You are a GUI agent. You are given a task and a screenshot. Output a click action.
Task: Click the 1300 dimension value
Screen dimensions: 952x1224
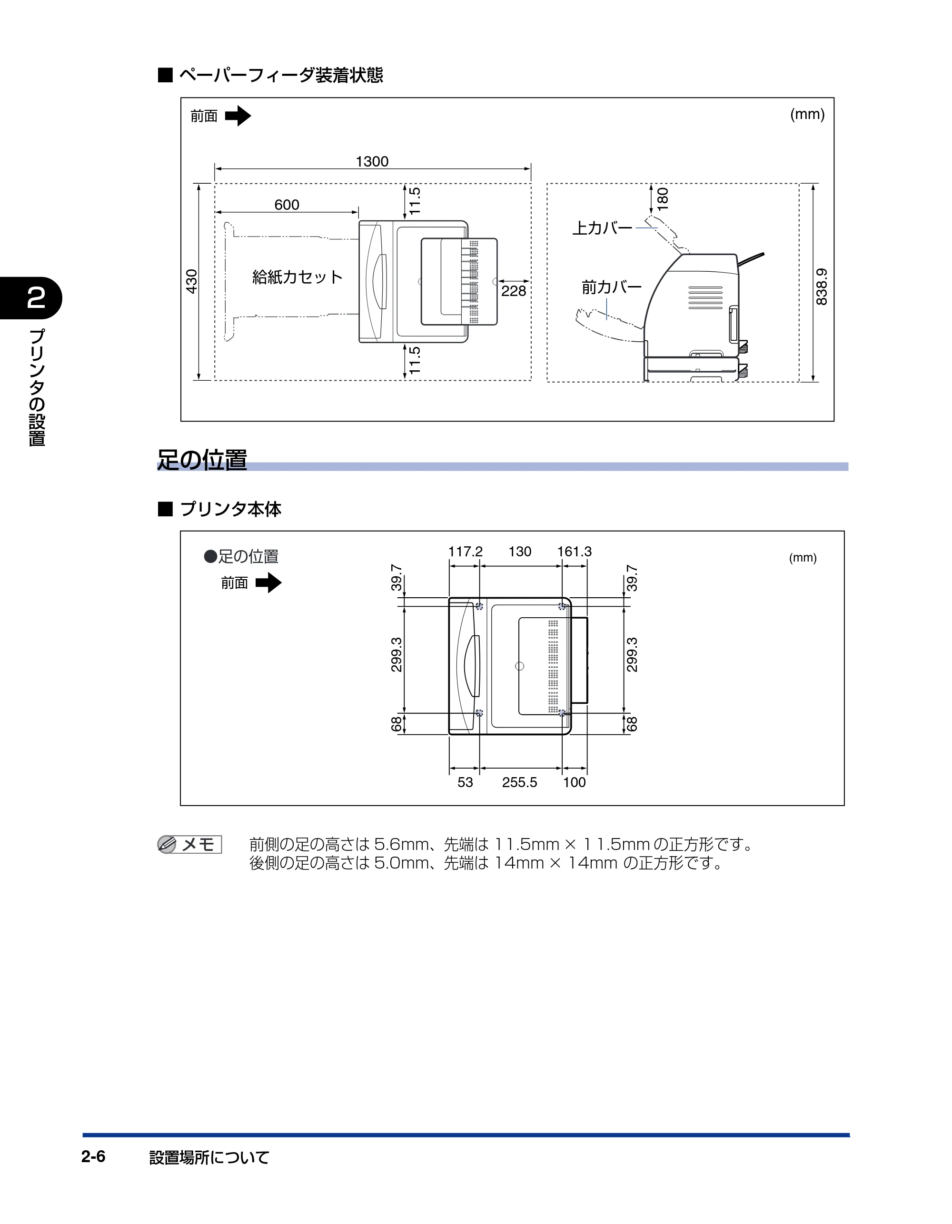click(372, 161)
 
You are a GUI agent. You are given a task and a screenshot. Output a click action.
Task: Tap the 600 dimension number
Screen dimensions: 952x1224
click(287, 205)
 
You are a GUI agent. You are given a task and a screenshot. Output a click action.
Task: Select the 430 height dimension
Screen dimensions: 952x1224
click(192, 281)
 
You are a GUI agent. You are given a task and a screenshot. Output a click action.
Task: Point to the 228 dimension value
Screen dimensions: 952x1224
click(514, 291)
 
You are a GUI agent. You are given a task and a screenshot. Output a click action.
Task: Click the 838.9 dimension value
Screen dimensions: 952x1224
click(822, 286)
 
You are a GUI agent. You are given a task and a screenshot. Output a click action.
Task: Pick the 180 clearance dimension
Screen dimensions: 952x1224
click(663, 199)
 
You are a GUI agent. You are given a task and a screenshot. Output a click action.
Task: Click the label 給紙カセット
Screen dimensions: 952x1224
click(297, 277)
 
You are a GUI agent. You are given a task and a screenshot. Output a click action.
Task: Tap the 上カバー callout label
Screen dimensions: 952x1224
click(602, 228)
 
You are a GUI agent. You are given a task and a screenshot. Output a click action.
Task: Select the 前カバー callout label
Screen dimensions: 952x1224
click(612, 287)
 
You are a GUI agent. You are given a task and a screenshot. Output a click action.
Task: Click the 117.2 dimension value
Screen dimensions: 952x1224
click(466, 552)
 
